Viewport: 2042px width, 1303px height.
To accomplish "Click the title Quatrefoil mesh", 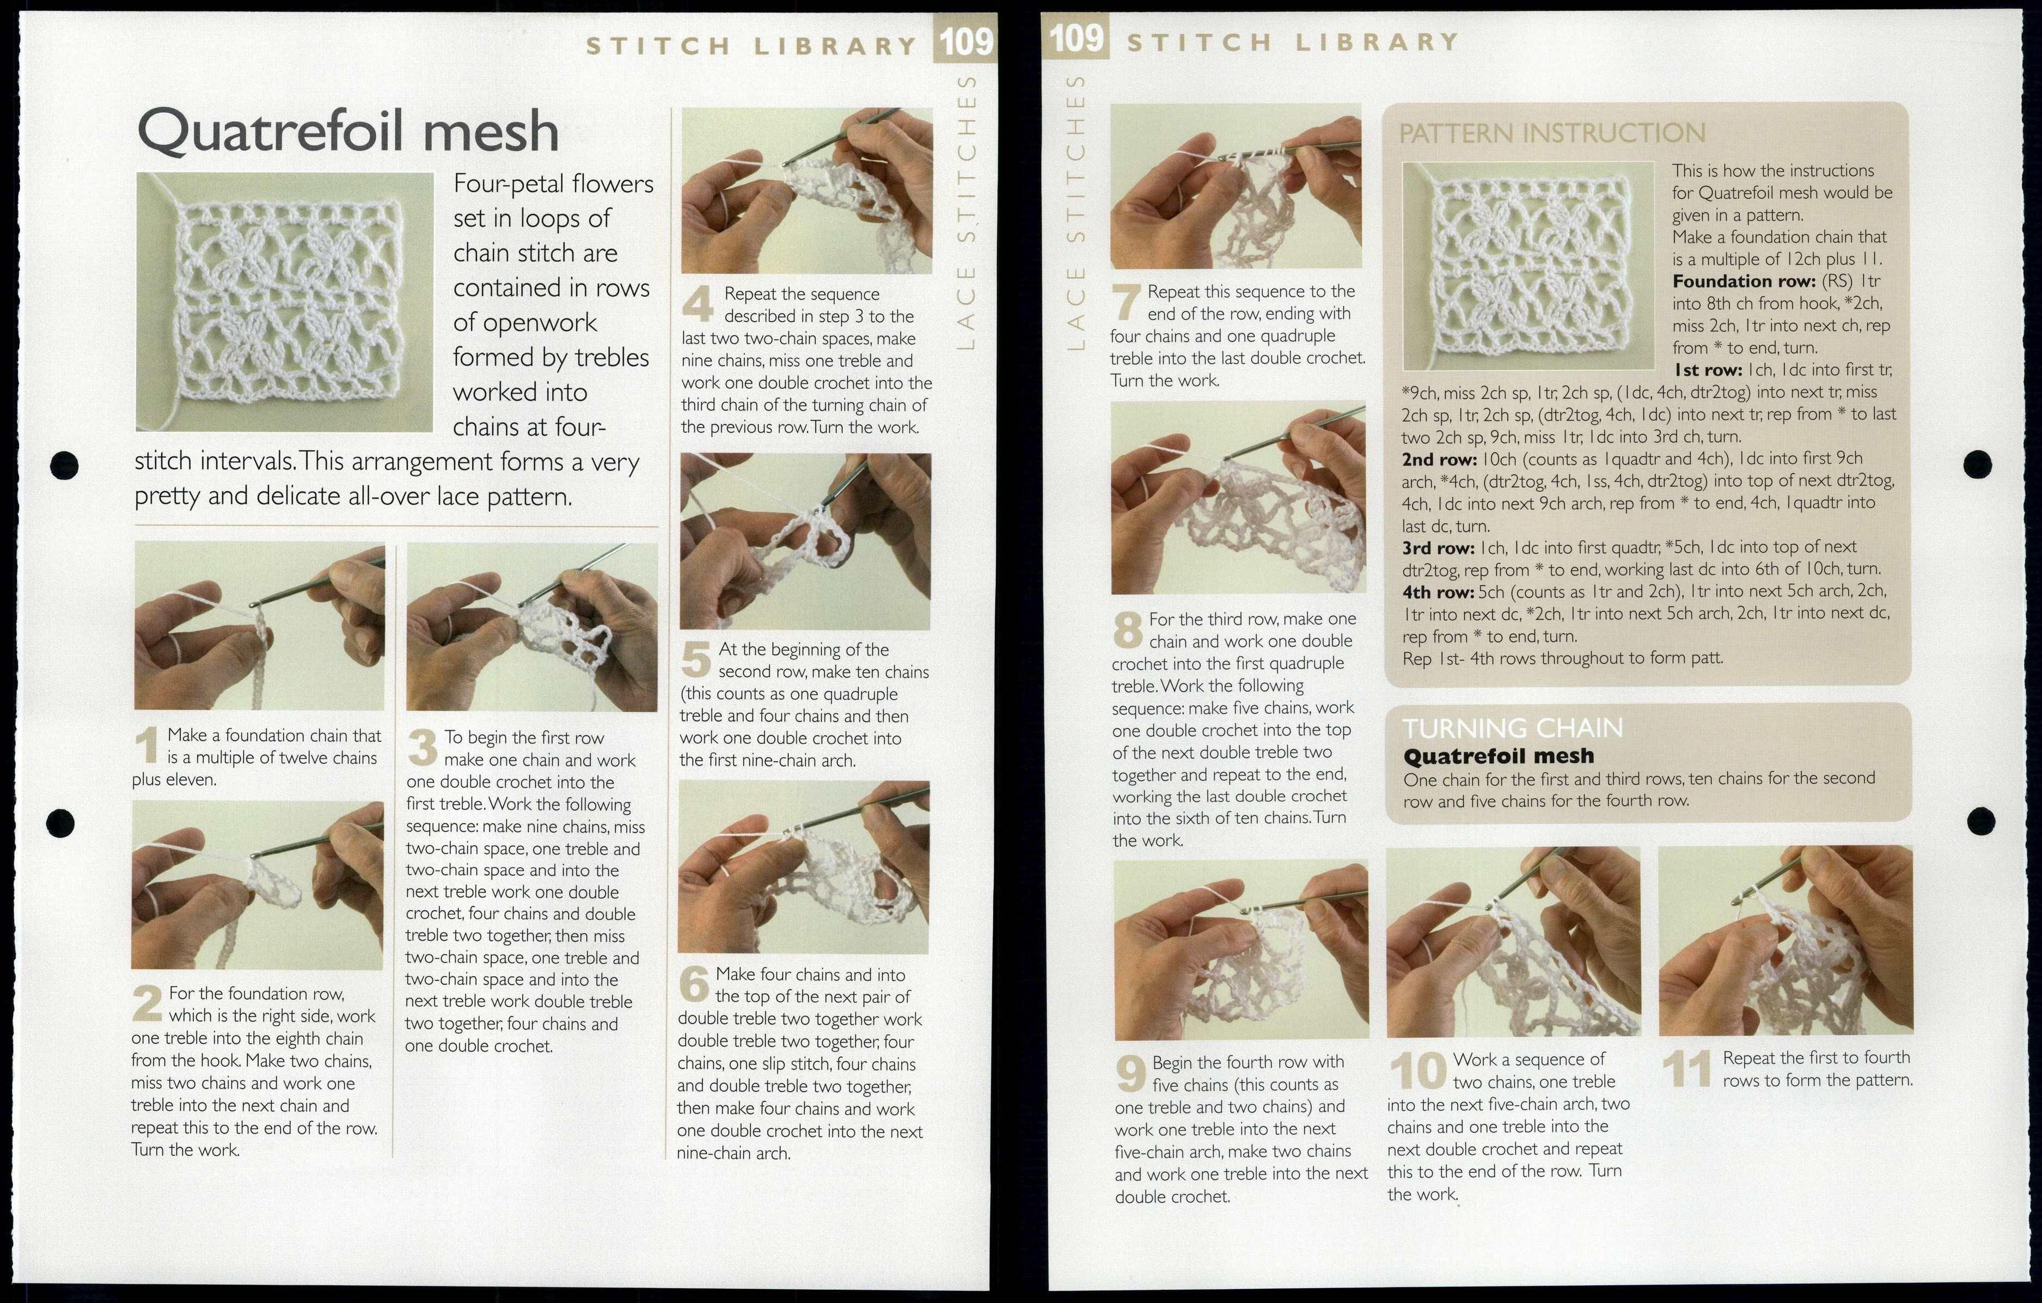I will point(347,131).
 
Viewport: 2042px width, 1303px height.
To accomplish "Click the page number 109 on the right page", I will point(1076,38).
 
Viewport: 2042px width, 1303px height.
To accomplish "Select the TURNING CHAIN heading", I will point(1512,727).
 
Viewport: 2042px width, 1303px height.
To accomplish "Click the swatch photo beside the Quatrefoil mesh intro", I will point(284,302).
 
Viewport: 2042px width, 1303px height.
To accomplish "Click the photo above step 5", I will point(805,541).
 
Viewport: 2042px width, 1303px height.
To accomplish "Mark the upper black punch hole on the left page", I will point(64,464).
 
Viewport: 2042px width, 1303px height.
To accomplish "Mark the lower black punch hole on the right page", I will point(1980,821).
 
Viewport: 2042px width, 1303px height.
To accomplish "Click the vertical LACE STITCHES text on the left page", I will point(967,212).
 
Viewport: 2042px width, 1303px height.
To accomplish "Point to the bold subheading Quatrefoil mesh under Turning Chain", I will point(1499,755).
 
